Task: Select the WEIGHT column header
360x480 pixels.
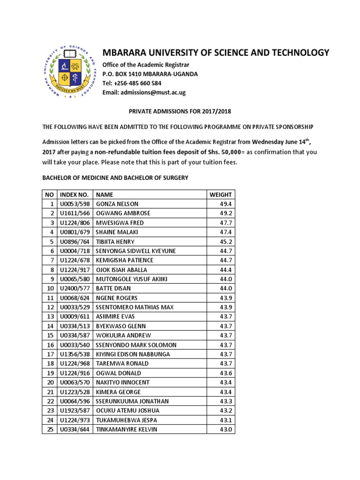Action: coord(220,195)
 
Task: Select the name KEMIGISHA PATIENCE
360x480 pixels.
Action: coord(125,260)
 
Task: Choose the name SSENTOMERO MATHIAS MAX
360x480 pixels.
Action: coord(135,307)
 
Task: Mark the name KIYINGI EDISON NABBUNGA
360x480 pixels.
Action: coord(133,354)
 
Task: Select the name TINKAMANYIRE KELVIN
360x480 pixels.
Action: coord(127,429)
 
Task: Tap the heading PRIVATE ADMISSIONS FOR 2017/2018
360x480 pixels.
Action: coord(180,112)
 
